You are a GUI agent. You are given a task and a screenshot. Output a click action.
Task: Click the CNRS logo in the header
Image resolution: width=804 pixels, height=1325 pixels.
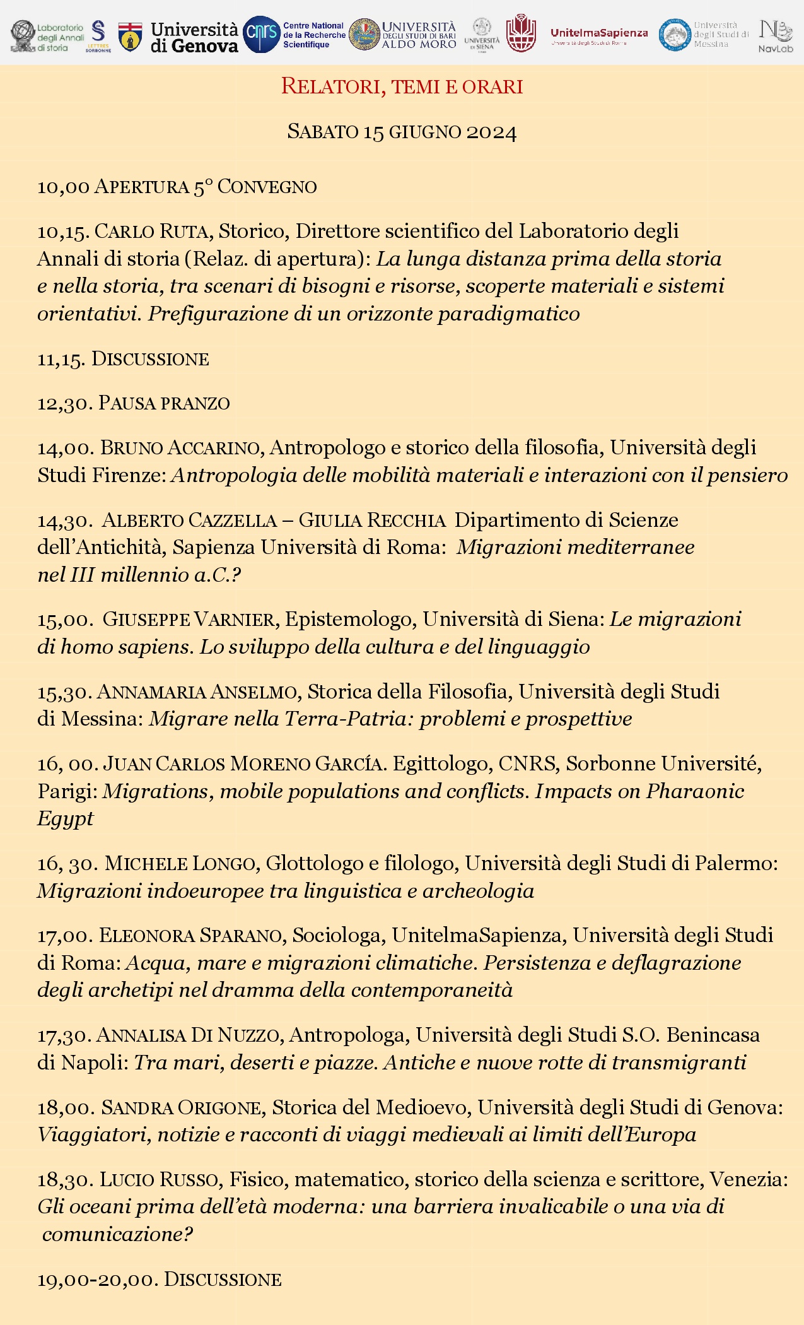[261, 35]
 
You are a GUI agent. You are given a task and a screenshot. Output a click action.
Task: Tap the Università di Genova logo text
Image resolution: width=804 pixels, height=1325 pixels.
[194, 37]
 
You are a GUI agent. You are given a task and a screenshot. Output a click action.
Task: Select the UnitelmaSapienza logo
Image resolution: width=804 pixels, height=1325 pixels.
[598, 34]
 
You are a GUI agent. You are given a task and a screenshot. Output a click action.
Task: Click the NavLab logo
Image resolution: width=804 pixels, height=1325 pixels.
[776, 35]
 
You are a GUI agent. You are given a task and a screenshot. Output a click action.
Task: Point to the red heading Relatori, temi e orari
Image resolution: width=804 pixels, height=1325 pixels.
[402, 86]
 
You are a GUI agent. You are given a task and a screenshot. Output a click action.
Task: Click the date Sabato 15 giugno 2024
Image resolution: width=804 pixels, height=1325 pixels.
[402, 132]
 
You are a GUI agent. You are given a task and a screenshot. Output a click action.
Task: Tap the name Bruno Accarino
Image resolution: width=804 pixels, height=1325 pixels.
[180, 448]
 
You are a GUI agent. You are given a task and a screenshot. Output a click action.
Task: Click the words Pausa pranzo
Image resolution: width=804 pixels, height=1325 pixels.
[164, 403]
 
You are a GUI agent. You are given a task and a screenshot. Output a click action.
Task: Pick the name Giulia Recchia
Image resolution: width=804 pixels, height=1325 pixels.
[372, 521]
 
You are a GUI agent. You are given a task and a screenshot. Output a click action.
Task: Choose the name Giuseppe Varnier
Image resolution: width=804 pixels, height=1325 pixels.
[189, 620]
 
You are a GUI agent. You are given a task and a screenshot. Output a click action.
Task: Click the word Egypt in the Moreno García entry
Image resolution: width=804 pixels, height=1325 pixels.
[66, 819]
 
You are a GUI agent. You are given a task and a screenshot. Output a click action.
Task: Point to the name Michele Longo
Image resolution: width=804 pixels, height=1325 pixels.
[180, 864]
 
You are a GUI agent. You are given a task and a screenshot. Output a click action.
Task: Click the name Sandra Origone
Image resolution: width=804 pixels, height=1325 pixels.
[181, 1108]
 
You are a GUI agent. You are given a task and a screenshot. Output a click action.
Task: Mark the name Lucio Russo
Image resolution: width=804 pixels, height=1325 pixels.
[160, 1180]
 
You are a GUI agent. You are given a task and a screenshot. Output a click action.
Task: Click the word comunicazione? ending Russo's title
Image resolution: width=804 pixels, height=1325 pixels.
[117, 1234]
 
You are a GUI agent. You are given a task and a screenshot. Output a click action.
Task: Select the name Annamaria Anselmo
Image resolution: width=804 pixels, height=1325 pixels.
[197, 692]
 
